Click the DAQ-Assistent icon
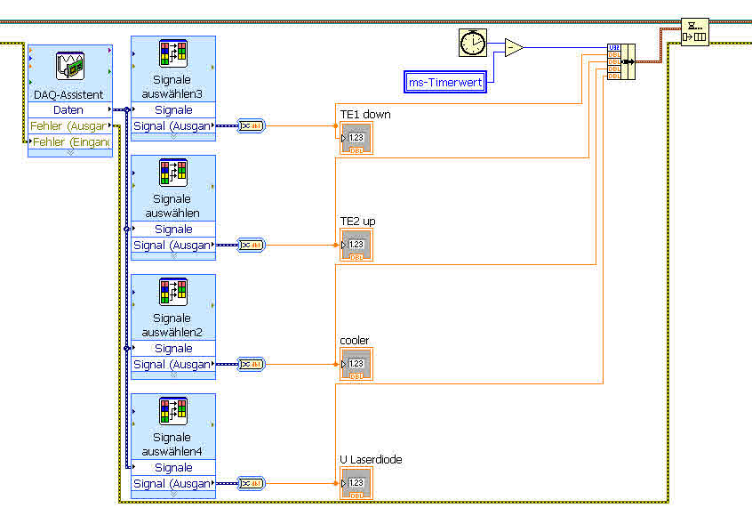tap(70, 68)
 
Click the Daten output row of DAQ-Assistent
tap(69, 109)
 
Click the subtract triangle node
tap(513, 48)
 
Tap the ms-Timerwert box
tap(444, 83)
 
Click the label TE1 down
tap(364, 115)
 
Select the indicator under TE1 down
tap(356, 138)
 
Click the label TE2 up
tap(357, 221)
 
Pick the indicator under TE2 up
tap(356, 245)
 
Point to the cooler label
tap(354, 341)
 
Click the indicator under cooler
tap(356, 364)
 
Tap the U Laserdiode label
tap(371, 459)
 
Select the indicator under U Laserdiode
tap(356, 483)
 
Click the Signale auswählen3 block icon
tap(173, 53)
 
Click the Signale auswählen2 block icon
tap(173, 292)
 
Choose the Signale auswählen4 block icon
tap(173, 411)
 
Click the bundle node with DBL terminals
tap(620, 61)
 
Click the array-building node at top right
tap(694, 33)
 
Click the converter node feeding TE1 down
tap(252, 125)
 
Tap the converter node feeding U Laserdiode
tap(252, 483)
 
